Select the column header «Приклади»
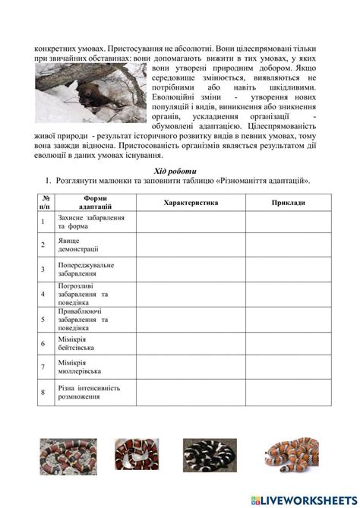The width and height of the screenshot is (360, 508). click(288, 204)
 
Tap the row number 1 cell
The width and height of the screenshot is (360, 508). click(43, 220)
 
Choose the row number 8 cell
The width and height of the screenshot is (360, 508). click(43, 393)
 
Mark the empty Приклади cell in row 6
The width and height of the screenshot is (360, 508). click(288, 342)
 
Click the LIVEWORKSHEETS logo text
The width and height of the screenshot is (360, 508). click(308, 498)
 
